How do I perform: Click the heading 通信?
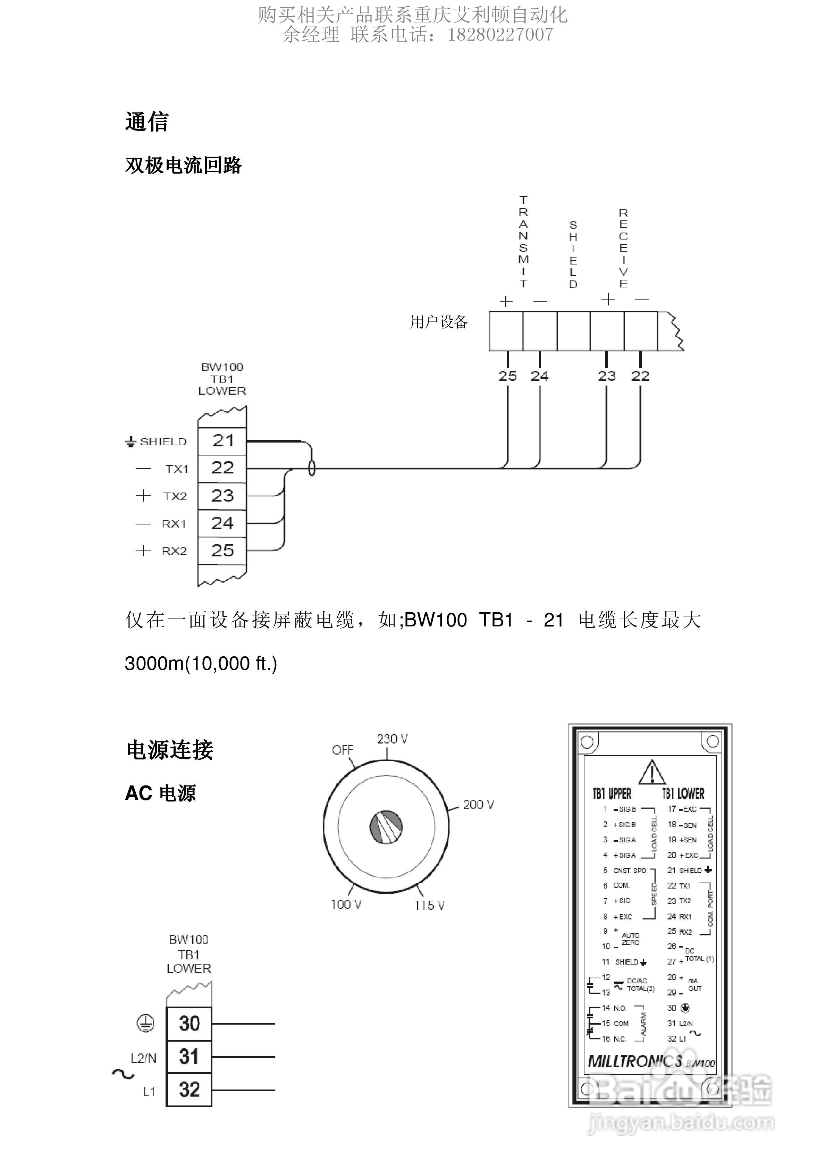pyautogui.click(x=147, y=122)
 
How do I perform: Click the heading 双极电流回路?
pyautogui.click(x=183, y=166)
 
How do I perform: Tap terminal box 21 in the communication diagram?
pyautogui.click(x=222, y=441)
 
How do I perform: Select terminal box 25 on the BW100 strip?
pyautogui.click(x=222, y=550)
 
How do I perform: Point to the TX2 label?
pyautogui.click(x=175, y=496)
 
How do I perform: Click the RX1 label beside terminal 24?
pyautogui.click(x=174, y=524)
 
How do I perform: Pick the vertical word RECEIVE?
pyautogui.click(x=623, y=248)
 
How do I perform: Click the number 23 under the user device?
pyautogui.click(x=607, y=376)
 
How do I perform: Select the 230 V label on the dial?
pyautogui.click(x=392, y=739)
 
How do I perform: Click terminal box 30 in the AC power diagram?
pyautogui.click(x=189, y=1023)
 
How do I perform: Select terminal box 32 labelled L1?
pyautogui.click(x=189, y=1090)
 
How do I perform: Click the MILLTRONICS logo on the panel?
pyautogui.click(x=634, y=1061)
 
